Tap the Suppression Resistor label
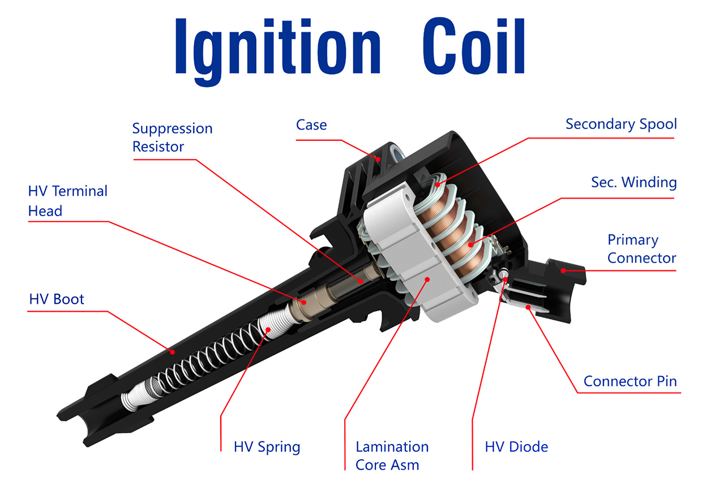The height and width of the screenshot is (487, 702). pos(172,137)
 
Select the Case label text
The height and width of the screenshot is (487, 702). pos(311,124)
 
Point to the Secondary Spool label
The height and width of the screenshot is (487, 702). pos(621,124)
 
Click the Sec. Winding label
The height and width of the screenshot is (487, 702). pos(633,182)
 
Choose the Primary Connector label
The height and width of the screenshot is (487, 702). pos(641,249)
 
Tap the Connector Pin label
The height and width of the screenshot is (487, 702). pos(630,381)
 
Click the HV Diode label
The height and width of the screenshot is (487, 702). pos(516,447)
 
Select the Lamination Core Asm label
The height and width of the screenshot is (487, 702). pos(392,456)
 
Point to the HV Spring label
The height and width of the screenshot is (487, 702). pos(267,447)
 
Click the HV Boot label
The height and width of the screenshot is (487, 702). pos(57,299)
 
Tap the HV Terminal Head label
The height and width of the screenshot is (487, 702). pos(67,201)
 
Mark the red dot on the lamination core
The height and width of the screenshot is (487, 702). pos(429,278)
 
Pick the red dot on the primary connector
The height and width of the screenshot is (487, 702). pos(564,271)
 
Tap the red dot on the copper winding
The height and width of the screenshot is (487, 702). pos(471,244)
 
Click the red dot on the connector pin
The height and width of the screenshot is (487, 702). pos(528,307)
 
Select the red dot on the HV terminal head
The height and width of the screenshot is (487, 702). pos(304,302)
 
